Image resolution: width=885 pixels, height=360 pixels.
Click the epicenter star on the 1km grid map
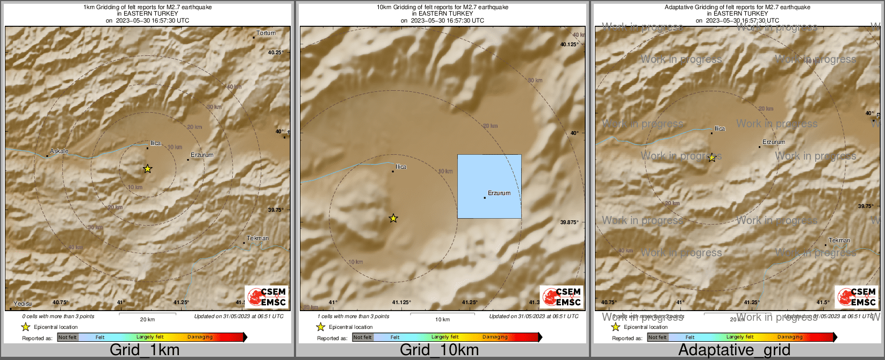(x=148, y=169)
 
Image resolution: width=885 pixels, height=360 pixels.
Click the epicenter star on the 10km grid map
(x=393, y=218)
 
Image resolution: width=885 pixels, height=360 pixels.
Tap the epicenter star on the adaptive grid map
(x=712, y=157)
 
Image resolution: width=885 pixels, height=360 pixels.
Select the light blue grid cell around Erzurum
(x=489, y=186)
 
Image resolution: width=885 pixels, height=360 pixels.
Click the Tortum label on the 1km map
(x=266, y=33)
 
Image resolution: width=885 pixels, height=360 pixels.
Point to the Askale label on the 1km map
(x=59, y=152)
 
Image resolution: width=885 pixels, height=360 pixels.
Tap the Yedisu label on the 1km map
(x=23, y=304)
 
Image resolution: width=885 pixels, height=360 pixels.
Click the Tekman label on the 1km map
(x=258, y=238)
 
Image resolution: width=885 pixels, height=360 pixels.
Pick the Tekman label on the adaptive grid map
(x=839, y=240)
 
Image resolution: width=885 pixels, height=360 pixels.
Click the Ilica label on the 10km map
(x=401, y=167)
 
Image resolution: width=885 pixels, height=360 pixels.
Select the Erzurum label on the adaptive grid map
(x=774, y=142)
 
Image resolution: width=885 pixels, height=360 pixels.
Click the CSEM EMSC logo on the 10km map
(x=562, y=297)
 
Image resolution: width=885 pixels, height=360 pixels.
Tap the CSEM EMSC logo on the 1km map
(x=267, y=297)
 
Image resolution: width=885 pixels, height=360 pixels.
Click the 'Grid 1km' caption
(x=145, y=350)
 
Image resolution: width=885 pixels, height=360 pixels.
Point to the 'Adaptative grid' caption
(x=734, y=350)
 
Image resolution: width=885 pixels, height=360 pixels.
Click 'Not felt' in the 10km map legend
(x=363, y=337)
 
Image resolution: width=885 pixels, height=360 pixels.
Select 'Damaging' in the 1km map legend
(x=200, y=337)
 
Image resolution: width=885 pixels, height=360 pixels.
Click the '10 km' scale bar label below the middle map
(x=442, y=320)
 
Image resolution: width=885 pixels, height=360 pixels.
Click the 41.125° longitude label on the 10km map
(x=401, y=302)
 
